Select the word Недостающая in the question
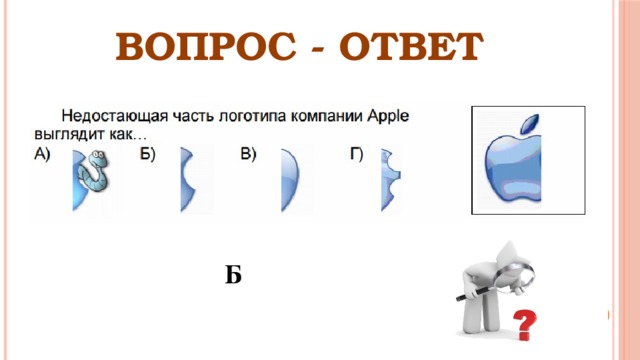[109, 116]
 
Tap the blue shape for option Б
[190, 179]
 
